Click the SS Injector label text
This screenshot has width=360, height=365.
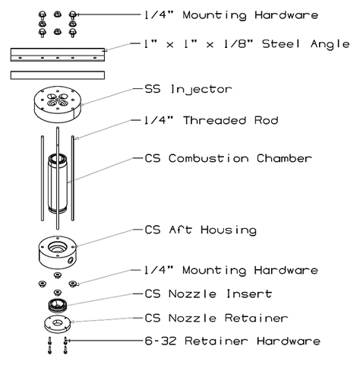point(188,90)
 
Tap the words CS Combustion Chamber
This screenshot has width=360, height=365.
point(228,158)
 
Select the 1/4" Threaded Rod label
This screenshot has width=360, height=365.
point(211,120)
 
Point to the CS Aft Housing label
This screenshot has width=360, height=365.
point(201,230)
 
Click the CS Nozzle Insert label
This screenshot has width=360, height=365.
point(208,294)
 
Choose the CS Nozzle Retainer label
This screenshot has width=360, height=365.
point(216,318)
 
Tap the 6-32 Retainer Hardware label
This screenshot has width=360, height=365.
point(232,341)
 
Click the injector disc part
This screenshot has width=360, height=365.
point(58,104)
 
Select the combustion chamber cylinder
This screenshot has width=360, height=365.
point(58,183)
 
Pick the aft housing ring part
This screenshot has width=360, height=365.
point(57,252)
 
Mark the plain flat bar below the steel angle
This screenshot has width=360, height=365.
point(58,75)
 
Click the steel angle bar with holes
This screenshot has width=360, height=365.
point(58,55)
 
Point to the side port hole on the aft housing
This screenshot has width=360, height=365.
point(69,260)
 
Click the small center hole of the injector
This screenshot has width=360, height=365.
point(58,100)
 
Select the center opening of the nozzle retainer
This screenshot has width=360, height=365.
point(58,322)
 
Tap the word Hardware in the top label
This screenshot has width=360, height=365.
point(286,14)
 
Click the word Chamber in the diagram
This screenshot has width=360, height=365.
point(284,158)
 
